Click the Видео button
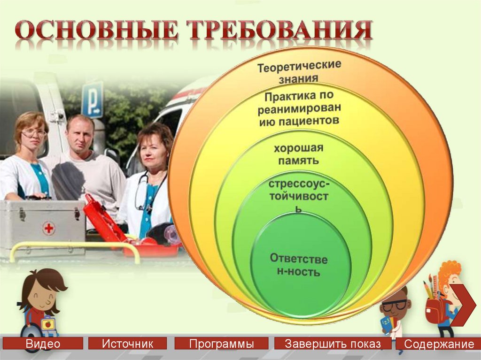click(x=43, y=344)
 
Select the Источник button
click(x=127, y=344)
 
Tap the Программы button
click(x=221, y=344)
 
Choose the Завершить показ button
click(x=333, y=344)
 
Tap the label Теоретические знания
click(x=299, y=72)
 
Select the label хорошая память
click(x=299, y=154)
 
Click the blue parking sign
click(x=92, y=99)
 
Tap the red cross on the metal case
click(x=49, y=229)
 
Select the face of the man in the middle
click(x=80, y=133)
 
